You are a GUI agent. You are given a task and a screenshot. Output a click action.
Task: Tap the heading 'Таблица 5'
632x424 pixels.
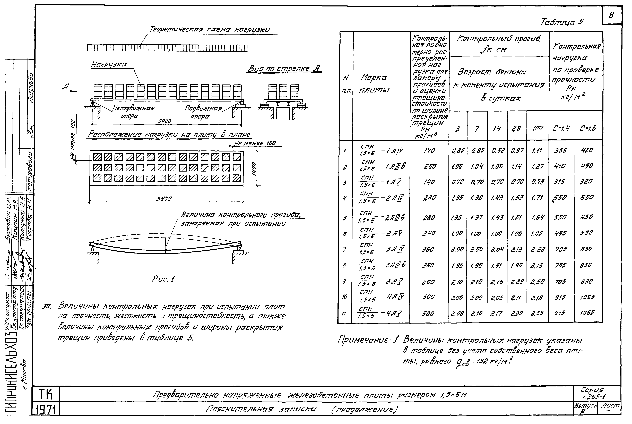click(x=562, y=22)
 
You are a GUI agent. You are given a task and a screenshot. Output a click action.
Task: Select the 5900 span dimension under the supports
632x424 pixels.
click(x=164, y=121)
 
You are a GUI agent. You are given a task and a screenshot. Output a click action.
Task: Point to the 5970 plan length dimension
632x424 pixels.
click(x=164, y=199)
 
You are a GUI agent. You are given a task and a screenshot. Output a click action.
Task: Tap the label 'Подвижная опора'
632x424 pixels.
click(x=203, y=112)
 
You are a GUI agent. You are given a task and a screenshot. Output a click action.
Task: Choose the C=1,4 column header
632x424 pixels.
click(x=561, y=128)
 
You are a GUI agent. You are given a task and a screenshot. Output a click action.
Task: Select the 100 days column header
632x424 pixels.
click(x=537, y=128)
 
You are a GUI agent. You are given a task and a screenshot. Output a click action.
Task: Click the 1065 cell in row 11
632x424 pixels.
click(x=587, y=313)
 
